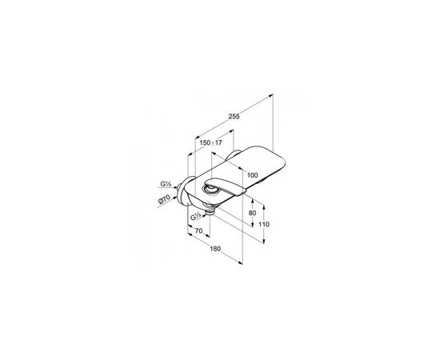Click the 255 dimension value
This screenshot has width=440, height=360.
coord(234,116)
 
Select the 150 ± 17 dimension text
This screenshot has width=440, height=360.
coord(210,143)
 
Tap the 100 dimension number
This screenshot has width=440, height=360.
coord(252,175)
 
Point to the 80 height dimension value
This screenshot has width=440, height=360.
coord(252,213)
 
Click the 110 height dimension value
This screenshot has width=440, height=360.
coord(263,224)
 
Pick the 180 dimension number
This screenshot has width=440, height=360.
coord(215,249)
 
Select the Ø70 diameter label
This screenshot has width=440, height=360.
coord(164,199)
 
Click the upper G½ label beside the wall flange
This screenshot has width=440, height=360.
coord(166,184)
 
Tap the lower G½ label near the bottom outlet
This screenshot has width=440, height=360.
coord(195,217)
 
